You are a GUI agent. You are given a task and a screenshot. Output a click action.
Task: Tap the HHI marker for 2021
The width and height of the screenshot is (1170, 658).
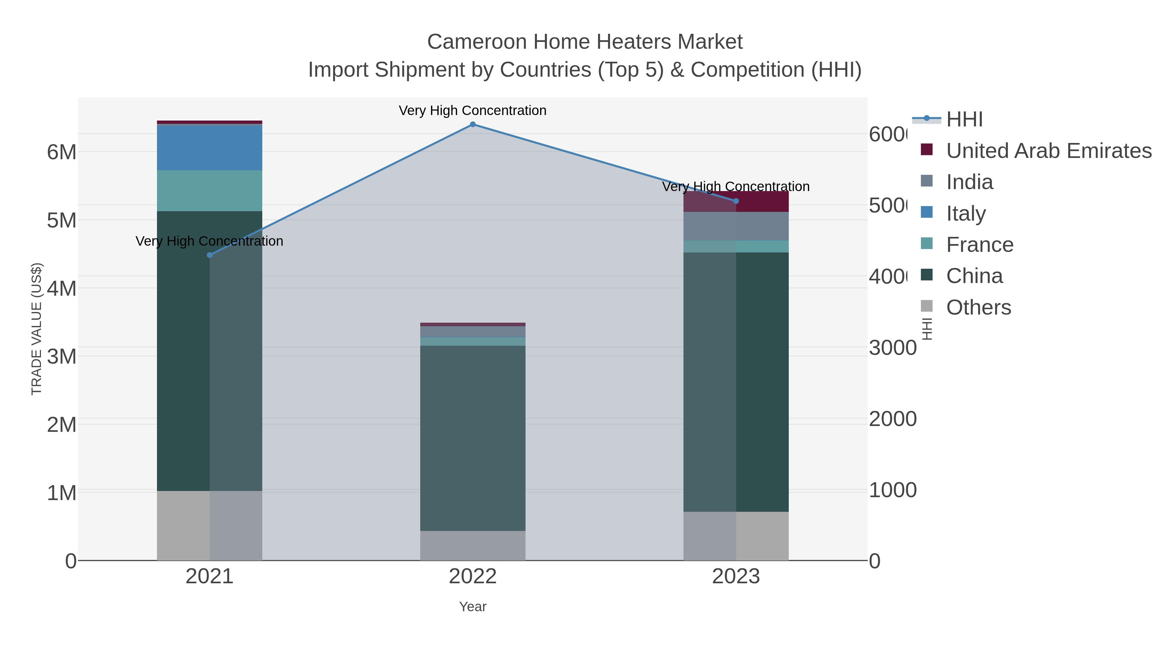209,255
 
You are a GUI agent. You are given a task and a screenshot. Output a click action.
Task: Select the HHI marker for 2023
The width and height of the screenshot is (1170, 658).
736,201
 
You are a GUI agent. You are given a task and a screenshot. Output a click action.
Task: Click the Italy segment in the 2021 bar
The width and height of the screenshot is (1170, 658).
209,148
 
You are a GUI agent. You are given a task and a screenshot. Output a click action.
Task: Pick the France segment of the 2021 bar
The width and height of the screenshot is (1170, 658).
209,191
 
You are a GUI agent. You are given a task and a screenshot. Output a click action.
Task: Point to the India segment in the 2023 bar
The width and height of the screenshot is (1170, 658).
736,226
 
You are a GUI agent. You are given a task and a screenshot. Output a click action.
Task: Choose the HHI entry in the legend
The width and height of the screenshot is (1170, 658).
964,120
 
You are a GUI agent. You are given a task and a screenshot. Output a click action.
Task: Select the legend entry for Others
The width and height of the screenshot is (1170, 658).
978,307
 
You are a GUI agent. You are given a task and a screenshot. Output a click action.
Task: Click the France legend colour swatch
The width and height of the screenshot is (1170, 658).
927,243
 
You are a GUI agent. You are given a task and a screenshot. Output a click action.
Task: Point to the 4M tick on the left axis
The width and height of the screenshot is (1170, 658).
62,289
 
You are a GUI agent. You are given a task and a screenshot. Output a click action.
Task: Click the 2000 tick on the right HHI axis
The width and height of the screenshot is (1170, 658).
892,419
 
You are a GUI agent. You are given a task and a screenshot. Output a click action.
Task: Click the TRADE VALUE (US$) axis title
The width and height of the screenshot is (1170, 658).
36,329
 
